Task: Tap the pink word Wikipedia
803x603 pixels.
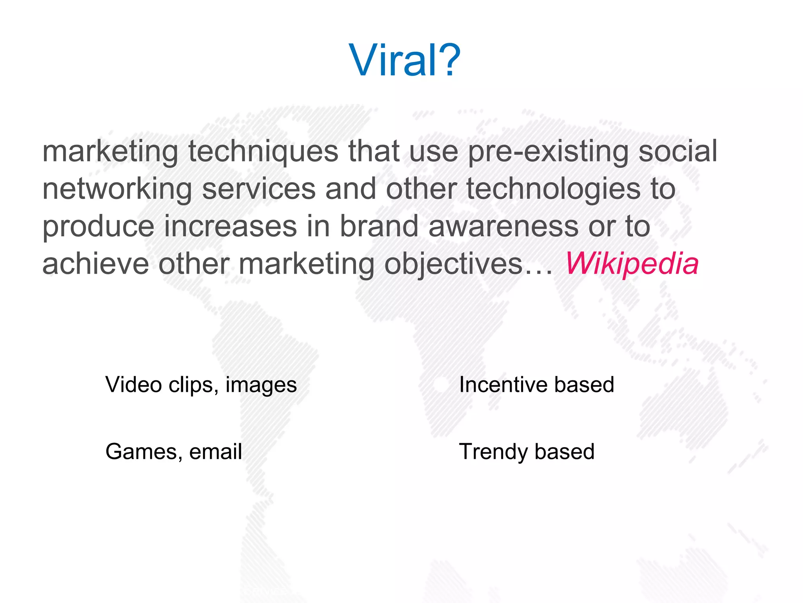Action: coord(632,263)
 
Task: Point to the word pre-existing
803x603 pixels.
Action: coord(548,152)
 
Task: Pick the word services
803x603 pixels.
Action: coord(259,189)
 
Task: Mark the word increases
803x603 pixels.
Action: coord(230,226)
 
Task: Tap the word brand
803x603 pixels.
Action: coord(379,226)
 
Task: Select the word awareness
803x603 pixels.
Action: coord(503,227)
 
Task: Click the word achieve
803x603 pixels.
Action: coord(96,263)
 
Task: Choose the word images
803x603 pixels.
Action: coord(261,385)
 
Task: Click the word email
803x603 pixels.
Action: coord(216,451)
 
